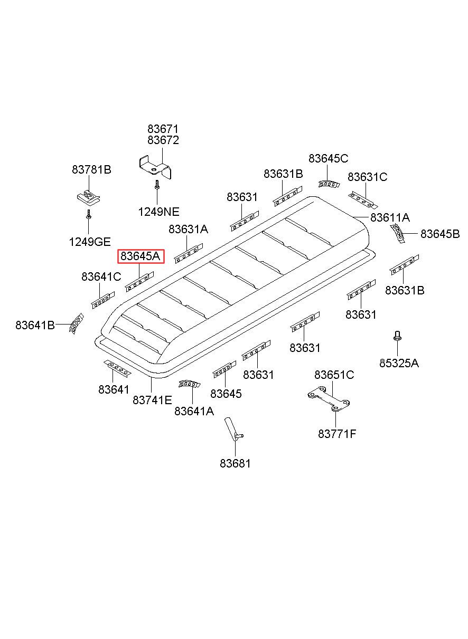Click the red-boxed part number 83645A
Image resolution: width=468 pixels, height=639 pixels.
coord(140,256)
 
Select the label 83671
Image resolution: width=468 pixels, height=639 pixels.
coord(163,129)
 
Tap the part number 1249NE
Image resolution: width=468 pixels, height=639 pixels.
coord(159,212)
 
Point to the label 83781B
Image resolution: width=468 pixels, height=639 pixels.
coord(91,170)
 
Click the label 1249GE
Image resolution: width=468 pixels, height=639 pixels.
coord(90,242)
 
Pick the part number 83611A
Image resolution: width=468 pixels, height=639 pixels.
coord(390,217)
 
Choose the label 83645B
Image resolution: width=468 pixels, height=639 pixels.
coord(440,234)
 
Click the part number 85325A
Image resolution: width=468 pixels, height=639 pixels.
coord(399,363)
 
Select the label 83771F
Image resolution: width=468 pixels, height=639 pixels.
coord(337,434)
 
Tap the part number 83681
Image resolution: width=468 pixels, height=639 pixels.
coord(235,464)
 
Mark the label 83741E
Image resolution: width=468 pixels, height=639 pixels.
coord(152,400)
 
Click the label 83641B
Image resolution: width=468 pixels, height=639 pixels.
coord(35,325)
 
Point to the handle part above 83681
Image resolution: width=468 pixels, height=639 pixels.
coord(233,433)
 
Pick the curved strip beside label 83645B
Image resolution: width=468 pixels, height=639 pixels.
coord(398,234)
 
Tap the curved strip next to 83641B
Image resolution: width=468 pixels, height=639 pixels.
coord(76,323)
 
